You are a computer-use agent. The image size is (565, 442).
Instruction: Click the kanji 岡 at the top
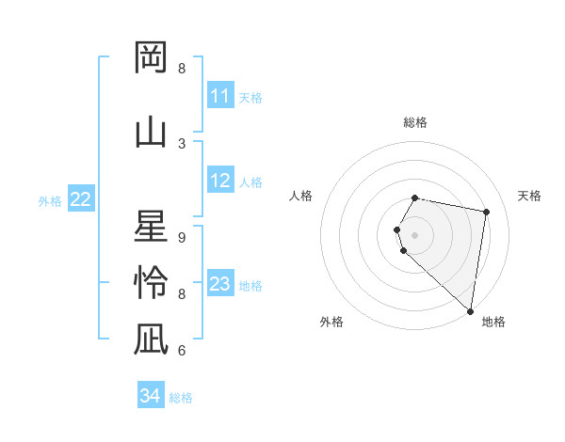(x=151, y=57)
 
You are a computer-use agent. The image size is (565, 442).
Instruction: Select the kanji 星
(x=151, y=227)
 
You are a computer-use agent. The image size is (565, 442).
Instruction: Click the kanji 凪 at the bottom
(x=151, y=339)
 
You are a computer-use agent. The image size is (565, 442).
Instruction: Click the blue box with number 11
(x=220, y=96)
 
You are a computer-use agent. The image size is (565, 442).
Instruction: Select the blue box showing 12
(x=220, y=182)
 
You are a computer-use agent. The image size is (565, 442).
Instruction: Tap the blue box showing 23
(x=220, y=284)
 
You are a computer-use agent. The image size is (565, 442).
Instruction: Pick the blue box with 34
(x=151, y=396)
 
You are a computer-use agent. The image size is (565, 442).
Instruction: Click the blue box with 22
(x=81, y=199)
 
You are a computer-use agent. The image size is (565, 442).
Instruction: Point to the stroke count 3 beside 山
(x=182, y=143)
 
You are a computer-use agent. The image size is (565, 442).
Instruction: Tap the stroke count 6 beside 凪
(x=182, y=351)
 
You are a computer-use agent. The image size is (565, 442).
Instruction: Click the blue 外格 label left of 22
(x=50, y=200)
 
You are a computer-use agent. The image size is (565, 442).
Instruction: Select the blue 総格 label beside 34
(x=181, y=398)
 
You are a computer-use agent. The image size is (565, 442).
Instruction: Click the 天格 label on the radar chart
(x=530, y=196)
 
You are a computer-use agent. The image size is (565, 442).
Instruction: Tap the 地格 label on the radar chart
(x=493, y=322)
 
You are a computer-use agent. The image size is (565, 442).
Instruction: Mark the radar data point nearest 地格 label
(x=470, y=310)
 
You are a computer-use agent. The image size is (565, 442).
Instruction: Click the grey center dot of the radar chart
(x=415, y=234)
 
